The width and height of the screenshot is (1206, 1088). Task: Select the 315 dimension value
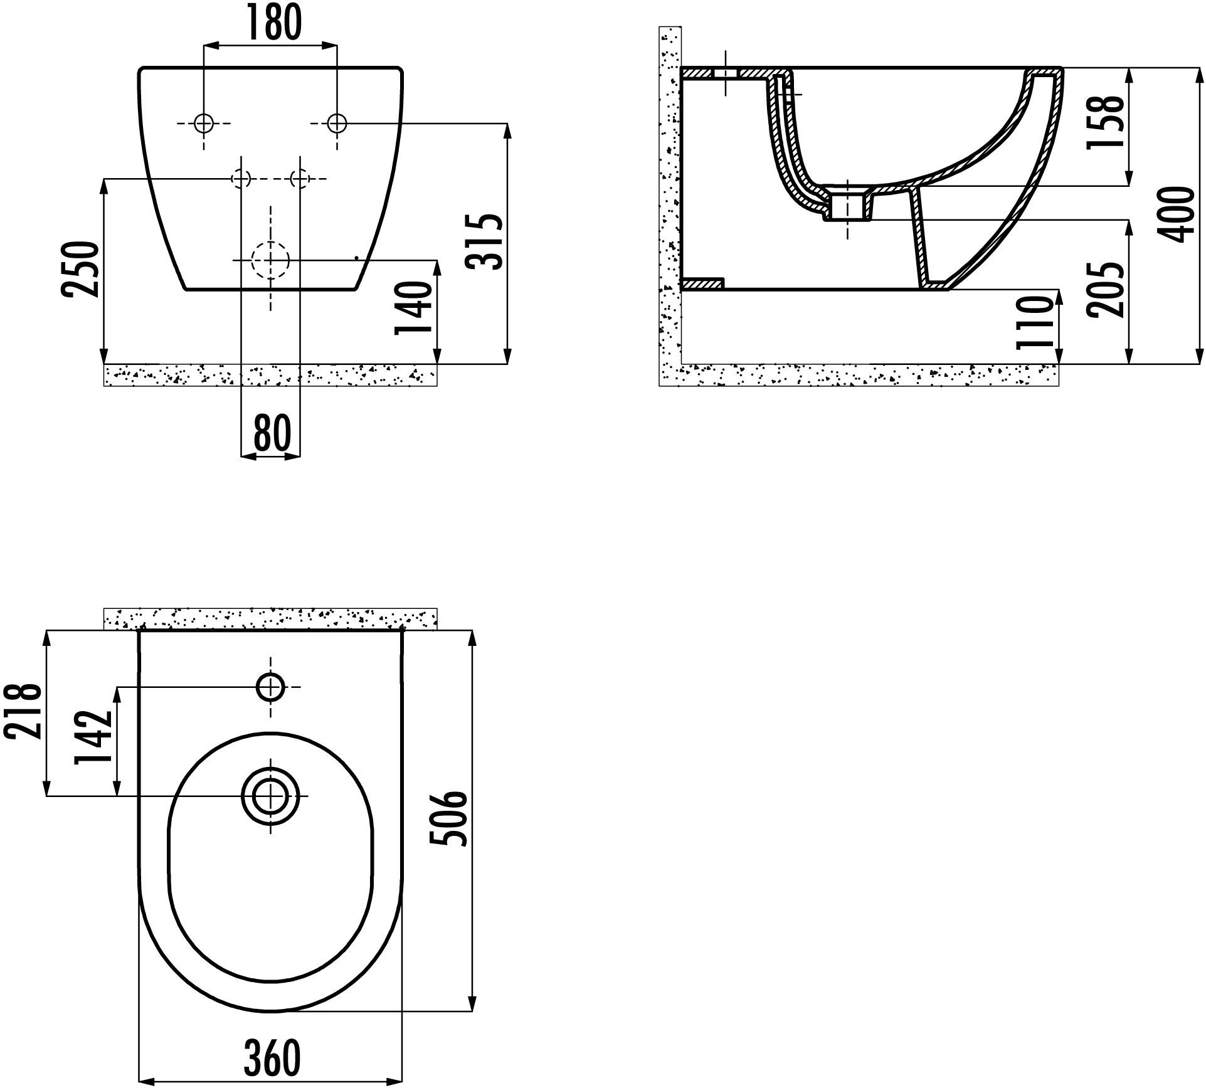[486, 241]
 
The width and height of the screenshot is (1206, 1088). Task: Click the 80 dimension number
[272, 433]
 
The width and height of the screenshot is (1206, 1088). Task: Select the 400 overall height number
[1177, 214]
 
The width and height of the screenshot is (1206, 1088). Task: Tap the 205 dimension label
[1105, 290]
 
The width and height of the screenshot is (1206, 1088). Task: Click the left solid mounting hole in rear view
[204, 124]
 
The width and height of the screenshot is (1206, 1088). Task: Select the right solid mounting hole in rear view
[337, 124]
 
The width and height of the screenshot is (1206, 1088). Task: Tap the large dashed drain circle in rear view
[270, 260]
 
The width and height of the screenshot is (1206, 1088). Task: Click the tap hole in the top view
[270, 687]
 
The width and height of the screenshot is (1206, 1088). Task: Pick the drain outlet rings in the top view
[270, 796]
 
